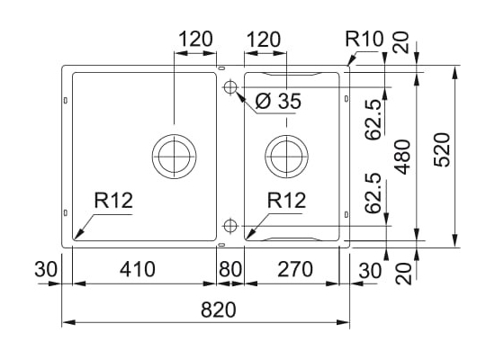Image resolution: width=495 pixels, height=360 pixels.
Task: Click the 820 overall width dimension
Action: tap(218, 310)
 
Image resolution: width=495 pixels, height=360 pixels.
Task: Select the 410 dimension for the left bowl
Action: tap(138, 269)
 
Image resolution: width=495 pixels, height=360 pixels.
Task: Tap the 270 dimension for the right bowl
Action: tap(295, 269)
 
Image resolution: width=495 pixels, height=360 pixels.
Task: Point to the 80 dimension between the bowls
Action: tap(230, 269)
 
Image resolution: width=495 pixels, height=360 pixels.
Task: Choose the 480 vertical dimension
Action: tap(403, 157)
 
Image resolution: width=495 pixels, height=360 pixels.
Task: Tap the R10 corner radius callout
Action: tap(364, 40)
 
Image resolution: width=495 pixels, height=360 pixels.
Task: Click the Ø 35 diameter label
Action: tap(278, 101)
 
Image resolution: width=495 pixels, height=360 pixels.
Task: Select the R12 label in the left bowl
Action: tap(113, 200)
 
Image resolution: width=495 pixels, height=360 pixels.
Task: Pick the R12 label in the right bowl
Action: tap(286, 200)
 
